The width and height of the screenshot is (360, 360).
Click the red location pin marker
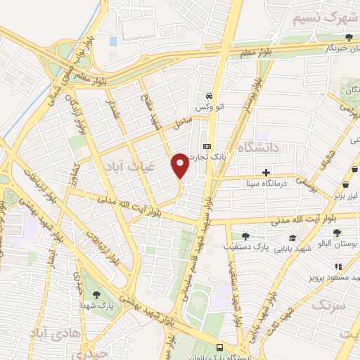point(180,165)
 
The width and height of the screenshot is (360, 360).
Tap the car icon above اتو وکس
point(209,96)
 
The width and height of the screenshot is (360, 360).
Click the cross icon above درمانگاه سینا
point(266,172)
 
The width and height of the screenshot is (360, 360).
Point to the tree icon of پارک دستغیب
point(245,237)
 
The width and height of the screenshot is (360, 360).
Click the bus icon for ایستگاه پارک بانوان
point(221,347)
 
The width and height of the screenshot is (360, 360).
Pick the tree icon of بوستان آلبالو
point(338,233)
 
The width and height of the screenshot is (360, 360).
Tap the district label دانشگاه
point(259,147)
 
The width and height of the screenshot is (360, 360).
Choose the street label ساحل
point(183,121)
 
